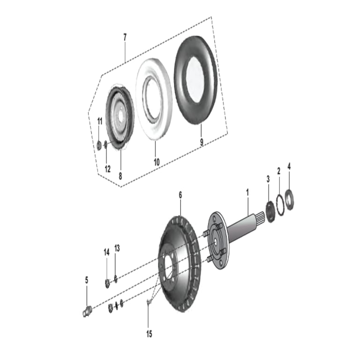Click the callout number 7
[125, 37]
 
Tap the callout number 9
[202, 142]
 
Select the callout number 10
[157, 162]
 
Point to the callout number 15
[149, 334]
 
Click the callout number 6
[180, 195]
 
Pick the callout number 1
[247, 193]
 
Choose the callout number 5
[87, 280]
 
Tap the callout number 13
[117, 248]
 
